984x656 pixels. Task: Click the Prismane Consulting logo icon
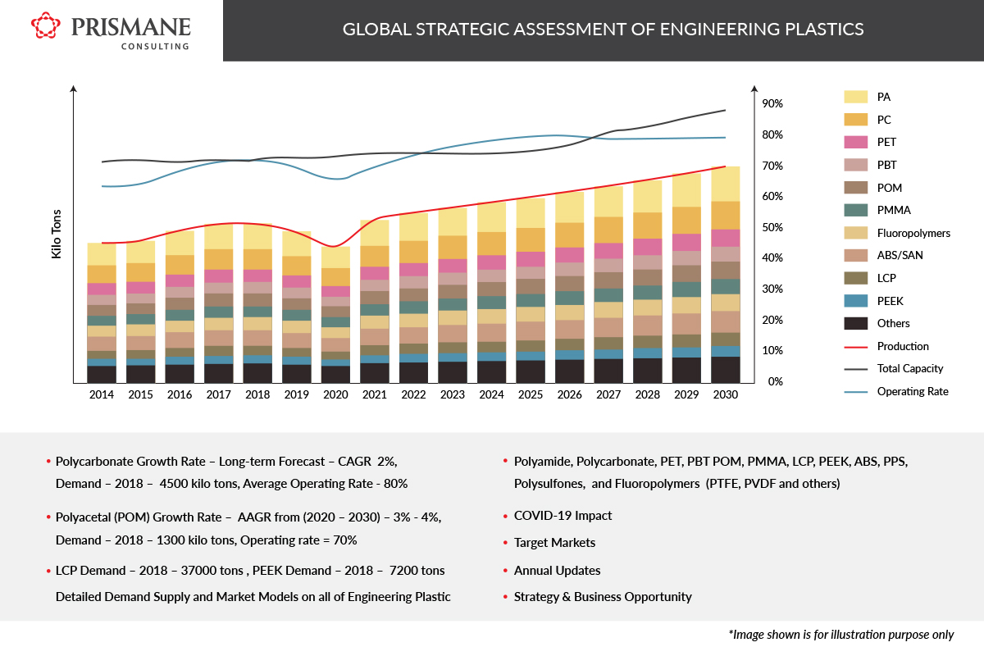pyautogui.click(x=46, y=25)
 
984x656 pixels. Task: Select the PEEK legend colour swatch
pyautogui.click(x=856, y=301)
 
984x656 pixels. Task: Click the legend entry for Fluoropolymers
pyautogui.click(x=913, y=233)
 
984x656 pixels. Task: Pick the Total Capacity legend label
pyautogui.click(x=910, y=369)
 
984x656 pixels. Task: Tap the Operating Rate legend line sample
pyautogui.click(x=856, y=392)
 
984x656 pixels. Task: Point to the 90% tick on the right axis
pyautogui.click(x=772, y=104)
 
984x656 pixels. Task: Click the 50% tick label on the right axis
pyautogui.click(x=772, y=227)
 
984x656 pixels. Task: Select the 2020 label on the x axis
pyautogui.click(x=335, y=395)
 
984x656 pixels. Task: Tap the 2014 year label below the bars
pyautogui.click(x=102, y=395)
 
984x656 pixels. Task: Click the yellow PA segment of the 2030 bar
pyautogui.click(x=726, y=184)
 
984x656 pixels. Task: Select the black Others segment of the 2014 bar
pyautogui.click(x=102, y=374)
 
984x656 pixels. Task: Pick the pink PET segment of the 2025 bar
pyautogui.click(x=531, y=259)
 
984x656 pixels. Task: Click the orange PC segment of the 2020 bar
pyautogui.click(x=335, y=277)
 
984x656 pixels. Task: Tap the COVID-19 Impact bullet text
pyautogui.click(x=563, y=516)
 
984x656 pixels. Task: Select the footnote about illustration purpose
pyautogui.click(x=840, y=635)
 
